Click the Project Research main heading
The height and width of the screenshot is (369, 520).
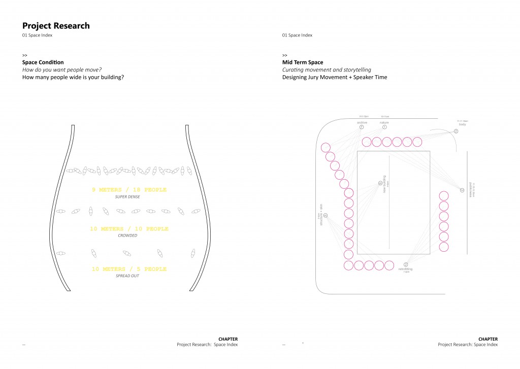pyautogui.click(x=56, y=26)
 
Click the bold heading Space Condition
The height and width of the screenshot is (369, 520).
pyautogui.click(x=43, y=62)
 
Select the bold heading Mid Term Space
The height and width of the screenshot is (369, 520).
pyautogui.click(x=303, y=62)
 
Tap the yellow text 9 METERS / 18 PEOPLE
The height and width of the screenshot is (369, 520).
pyautogui.click(x=129, y=190)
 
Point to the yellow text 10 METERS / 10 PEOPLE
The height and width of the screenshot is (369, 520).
pyautogui.click(x=129, y=229)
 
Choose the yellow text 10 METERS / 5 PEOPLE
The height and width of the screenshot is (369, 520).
pyautogui.click(x=129, y=269)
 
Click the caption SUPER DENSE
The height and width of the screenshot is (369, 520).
pyautogui.click(x=127, y=197)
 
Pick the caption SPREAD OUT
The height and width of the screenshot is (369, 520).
pyautogui.click(x=127, y=276)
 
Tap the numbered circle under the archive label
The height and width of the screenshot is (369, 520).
pyautogui.click(x=362, y=127)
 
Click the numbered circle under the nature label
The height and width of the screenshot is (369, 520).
pyautogui.click(x=384, y=127)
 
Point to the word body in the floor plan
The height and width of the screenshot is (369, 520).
pyautogui.click(x=462, y=124)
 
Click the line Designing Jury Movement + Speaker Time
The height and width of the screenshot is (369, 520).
pyautogui.click(x=335, y=78)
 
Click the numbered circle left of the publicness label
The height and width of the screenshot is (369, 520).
pyautogui.click(x=462, y=190)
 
